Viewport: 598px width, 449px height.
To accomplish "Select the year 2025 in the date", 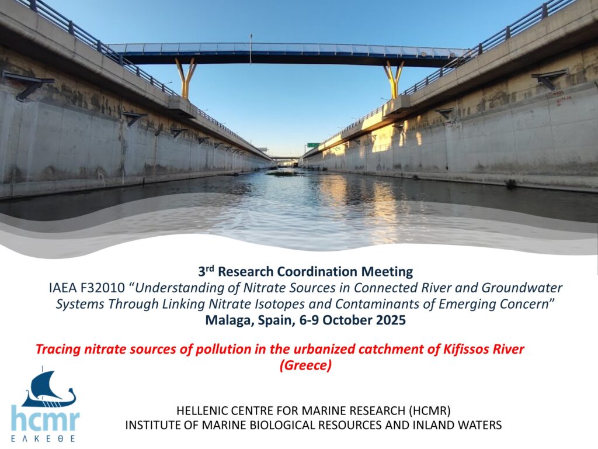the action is tap(391, 320).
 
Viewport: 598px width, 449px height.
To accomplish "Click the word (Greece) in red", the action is tap(305, 365).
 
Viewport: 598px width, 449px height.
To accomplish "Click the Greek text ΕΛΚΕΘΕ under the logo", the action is tap(43, 438).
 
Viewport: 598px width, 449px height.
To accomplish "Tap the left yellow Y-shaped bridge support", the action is tap(186, 78).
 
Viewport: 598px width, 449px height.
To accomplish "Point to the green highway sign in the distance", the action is tap(313, 145).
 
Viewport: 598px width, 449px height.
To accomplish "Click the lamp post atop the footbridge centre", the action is tap(251, 49).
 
